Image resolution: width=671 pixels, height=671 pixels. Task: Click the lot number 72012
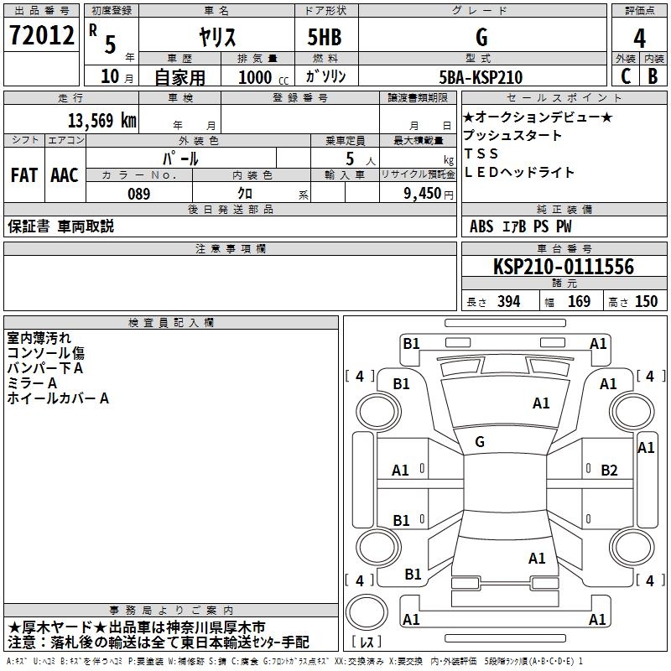41,35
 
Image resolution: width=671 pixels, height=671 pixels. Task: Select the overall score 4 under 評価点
639,39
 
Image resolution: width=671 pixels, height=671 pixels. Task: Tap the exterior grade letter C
626,76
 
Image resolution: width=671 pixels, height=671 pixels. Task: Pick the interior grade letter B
653,76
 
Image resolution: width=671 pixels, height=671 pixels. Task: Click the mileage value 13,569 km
101,121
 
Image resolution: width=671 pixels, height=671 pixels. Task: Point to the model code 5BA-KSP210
481,77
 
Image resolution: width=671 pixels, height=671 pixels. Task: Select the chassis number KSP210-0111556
564,267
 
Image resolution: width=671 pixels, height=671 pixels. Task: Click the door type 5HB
325,37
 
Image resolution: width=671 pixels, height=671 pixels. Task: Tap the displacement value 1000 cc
263,77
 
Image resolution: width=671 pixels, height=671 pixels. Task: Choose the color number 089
139,194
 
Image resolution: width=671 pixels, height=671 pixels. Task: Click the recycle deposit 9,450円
429,194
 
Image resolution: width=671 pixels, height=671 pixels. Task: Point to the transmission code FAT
24,175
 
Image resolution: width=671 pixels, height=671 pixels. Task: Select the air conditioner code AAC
65,175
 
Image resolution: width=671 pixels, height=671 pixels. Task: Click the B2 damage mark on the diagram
609,471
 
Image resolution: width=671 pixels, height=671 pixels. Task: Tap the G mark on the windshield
480,441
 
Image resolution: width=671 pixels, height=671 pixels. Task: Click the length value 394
508,301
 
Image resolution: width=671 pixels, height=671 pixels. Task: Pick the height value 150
646,301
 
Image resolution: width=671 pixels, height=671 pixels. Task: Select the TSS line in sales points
481,153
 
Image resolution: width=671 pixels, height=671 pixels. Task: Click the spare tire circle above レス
367,611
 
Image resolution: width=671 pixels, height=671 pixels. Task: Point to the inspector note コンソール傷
46,353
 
